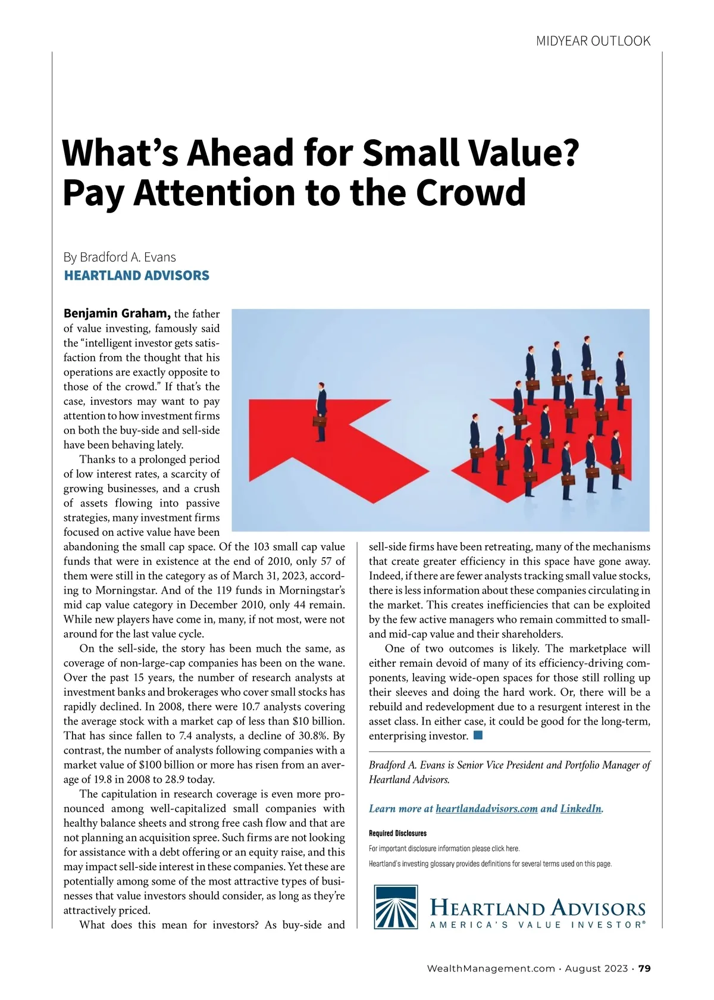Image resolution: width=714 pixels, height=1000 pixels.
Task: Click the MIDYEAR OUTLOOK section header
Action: click(x=593, y=41)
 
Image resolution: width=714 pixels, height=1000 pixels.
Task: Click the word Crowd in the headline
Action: click(x=471, y=192)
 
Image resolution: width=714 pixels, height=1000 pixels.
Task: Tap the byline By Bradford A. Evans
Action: click(x=120, y=257)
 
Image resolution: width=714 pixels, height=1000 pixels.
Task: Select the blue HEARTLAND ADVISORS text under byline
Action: click(x=136, y=276)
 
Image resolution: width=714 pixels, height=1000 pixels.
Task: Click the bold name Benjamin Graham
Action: click(x=117, y=314)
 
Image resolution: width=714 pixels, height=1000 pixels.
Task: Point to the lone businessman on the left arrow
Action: click(x=321, y=411)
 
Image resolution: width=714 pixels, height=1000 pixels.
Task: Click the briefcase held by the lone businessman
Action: click(x=320, y=421)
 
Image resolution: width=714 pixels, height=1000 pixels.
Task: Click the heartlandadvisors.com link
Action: click(x=486, y=808)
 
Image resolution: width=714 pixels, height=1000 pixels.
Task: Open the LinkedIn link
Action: click(x=581, y=808)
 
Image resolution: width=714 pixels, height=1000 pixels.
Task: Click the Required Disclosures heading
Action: click(x=397, y=833)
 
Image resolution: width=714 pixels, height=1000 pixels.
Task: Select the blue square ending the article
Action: click(x=478, y=736)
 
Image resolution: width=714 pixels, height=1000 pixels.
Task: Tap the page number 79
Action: click(x=644, y=968)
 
